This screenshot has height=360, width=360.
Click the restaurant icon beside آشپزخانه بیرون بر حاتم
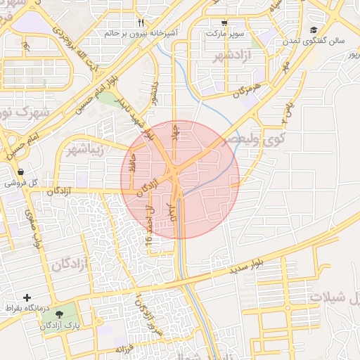coord(141,22)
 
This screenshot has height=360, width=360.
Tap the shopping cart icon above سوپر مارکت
coord(224,22)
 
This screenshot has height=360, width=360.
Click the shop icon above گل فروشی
coord(20,172)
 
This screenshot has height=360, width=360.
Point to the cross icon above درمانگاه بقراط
coord(27,298)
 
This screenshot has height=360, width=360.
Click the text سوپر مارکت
coord(224,33)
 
